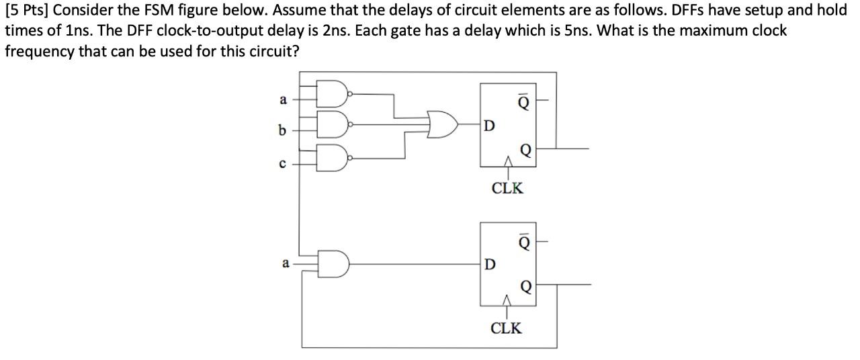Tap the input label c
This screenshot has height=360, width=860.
pos(283,163)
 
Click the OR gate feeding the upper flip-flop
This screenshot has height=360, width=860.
pos(443,125)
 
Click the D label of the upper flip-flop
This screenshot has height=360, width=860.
pos(490,125)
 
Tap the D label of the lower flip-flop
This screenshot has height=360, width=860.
pos(490,264)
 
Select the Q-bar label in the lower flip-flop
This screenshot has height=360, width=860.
pos(524,240)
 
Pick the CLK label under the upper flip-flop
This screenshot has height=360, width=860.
pos(507,188)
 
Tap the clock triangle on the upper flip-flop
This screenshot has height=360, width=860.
pos(507,161)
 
